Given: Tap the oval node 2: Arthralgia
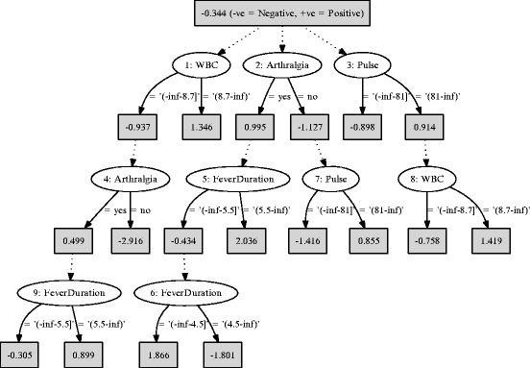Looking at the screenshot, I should [284, 66].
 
